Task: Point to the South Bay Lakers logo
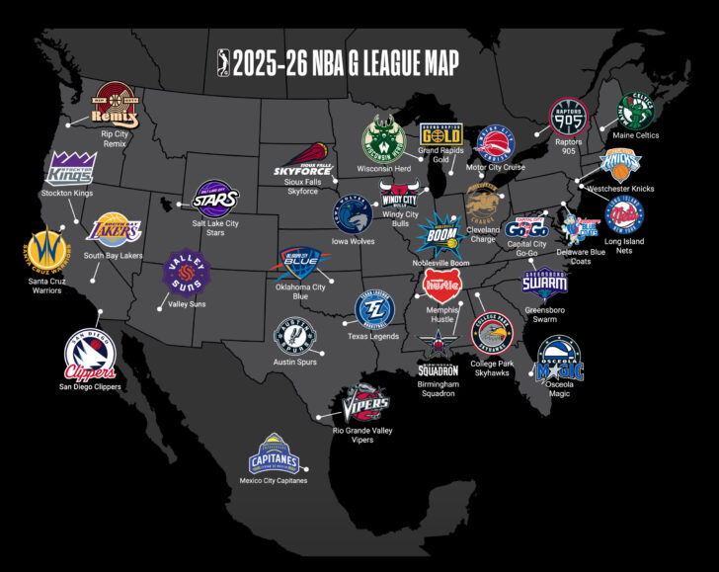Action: point(116,233)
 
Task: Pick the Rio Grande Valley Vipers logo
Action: point(364,403)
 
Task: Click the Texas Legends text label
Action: point(373,337)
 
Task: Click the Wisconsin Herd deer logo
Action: point(384,141)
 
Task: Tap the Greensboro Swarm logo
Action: point(545,279)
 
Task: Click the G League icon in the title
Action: point(225,64)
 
